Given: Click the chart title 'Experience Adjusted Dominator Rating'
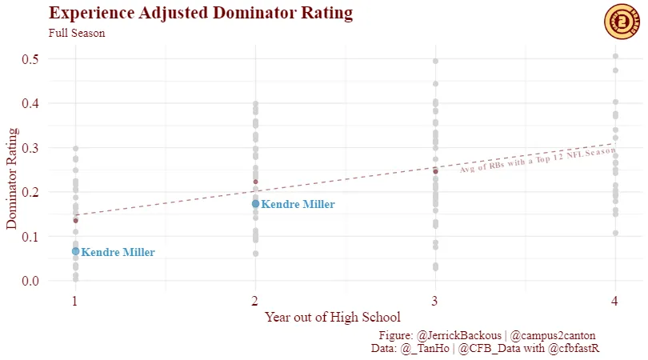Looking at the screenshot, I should (201, 14).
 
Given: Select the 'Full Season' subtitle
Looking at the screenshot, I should (77, 34).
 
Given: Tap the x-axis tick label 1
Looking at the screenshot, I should (74, 301).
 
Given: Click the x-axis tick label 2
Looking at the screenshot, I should (254, 301).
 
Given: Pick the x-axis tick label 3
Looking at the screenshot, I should (435, 301).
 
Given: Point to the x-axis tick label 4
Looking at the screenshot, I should (615, 301).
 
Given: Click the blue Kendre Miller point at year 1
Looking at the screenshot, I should (75, 251).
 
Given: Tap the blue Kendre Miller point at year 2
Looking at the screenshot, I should (255, 204).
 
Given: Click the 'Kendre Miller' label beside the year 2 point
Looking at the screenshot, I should (298, 205).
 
